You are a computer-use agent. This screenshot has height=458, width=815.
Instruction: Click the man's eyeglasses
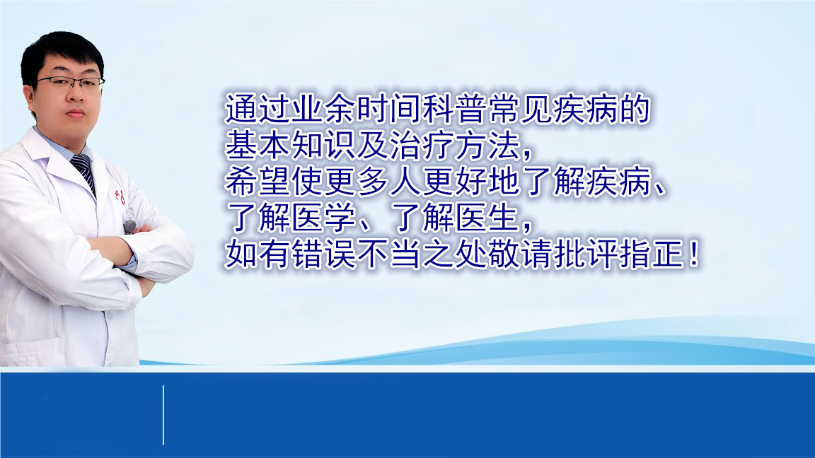click(x=70, y=83)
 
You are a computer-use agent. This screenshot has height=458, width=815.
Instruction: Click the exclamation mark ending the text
click(x=692, y=255)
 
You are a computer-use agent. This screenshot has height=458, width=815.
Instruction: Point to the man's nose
click(x=73, y=95)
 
